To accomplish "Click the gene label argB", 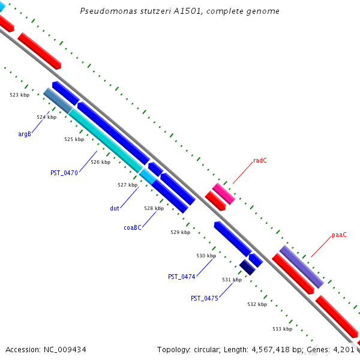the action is (x=25, y=134).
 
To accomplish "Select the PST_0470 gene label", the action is (x=64, y=173).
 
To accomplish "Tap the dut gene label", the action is (x=114, y=208).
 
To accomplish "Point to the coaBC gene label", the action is (x=133, y=227).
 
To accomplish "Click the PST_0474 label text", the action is (x=181, y=277).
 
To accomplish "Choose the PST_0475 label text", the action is (x=204, y=298).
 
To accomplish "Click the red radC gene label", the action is (x=260, y=160).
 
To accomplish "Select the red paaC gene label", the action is (x=339, y=235).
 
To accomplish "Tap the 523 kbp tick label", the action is (x=20, y=95).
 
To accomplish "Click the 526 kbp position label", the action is (x=100, y=162).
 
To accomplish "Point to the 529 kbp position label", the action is (x=180, y=232).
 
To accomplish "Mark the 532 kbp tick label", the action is (x=257, y=304).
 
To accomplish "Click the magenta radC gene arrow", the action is (x=223, y=194).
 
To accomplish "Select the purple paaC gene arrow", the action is (x=302, y=266).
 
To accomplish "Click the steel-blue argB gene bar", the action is (x=58, y=101).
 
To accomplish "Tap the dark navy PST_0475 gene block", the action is (x=247, y=267).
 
